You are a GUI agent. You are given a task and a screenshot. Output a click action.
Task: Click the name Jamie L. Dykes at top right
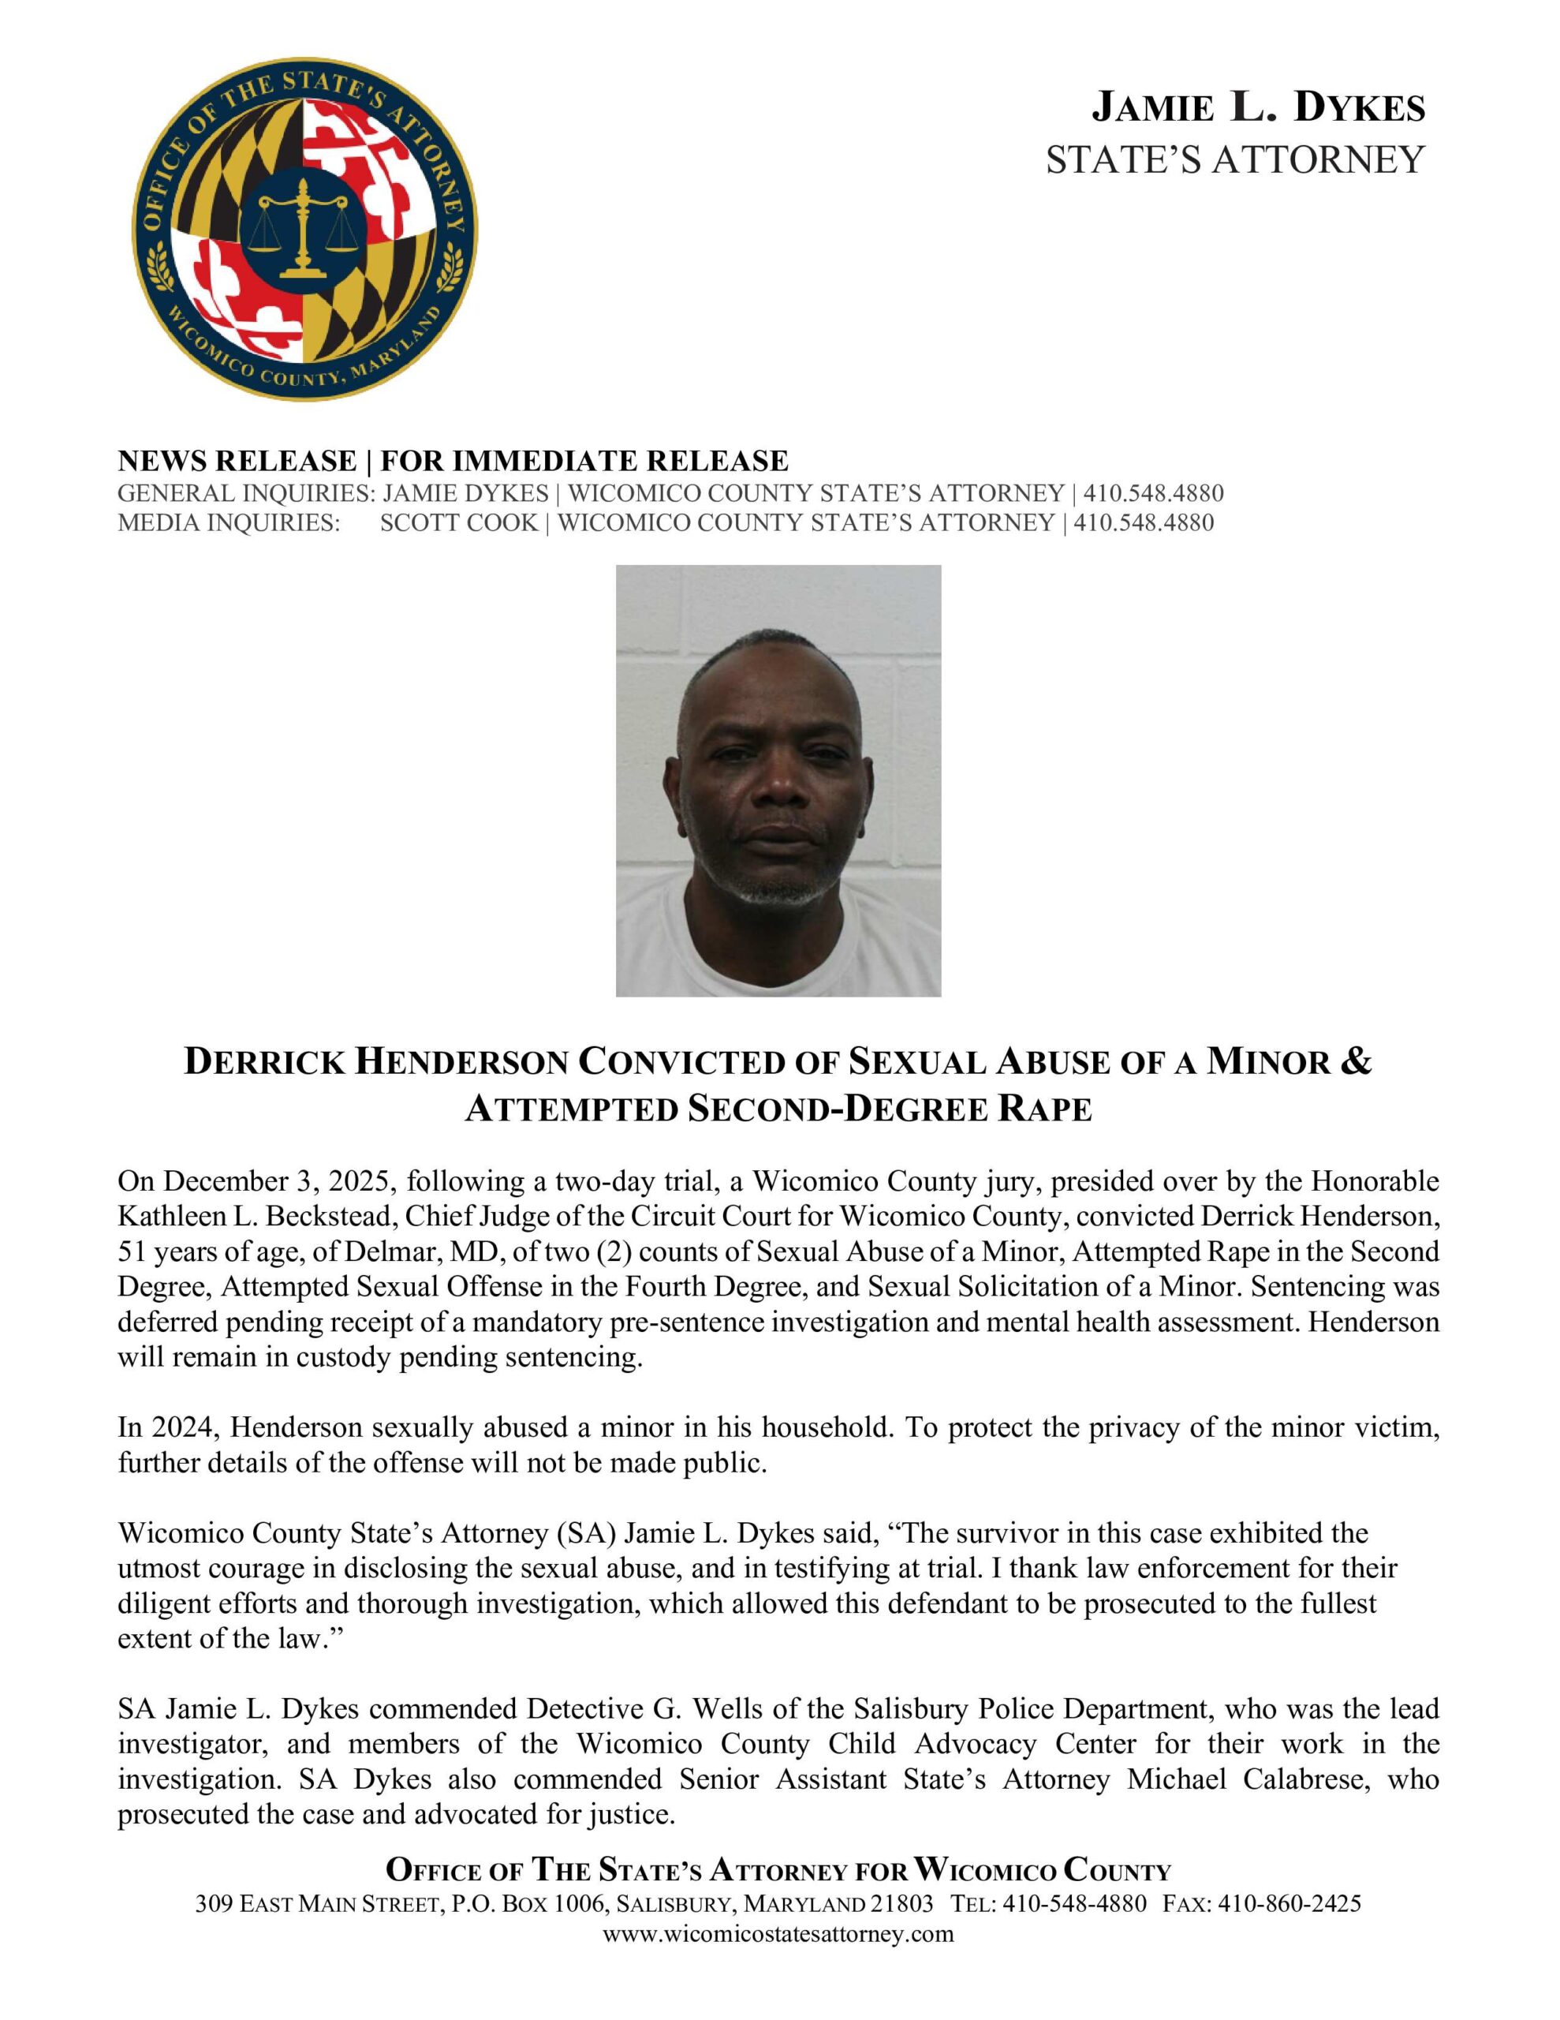pos(1258,108)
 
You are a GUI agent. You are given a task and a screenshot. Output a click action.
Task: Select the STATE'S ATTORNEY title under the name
pos(1234,160)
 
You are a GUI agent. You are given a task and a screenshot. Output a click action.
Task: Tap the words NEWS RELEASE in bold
pos(237,461)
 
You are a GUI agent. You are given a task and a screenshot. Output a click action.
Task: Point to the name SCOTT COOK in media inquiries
pos(459,522)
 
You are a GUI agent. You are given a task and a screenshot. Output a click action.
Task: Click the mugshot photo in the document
pos(778,780)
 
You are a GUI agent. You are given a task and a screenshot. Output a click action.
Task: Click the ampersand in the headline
pos(1355,1062)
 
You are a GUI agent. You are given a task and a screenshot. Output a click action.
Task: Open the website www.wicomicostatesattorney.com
pos(778,1934)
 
